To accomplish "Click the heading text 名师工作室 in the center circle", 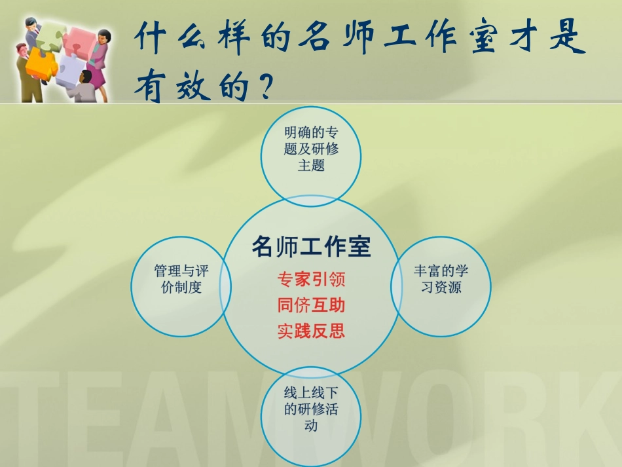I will click(311, 247).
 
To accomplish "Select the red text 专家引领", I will click(311, 280).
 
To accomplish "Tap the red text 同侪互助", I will click(311, 305).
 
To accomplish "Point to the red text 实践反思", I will click(311, 331).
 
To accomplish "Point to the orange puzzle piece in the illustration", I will click(41, 62).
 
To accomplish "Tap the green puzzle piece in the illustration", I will click(48, 36).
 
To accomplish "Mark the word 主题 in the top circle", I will click(311, 165).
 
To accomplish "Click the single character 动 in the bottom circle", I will click(311, 426).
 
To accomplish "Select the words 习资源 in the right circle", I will click(441, 288).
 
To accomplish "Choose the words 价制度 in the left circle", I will click(181, 288).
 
